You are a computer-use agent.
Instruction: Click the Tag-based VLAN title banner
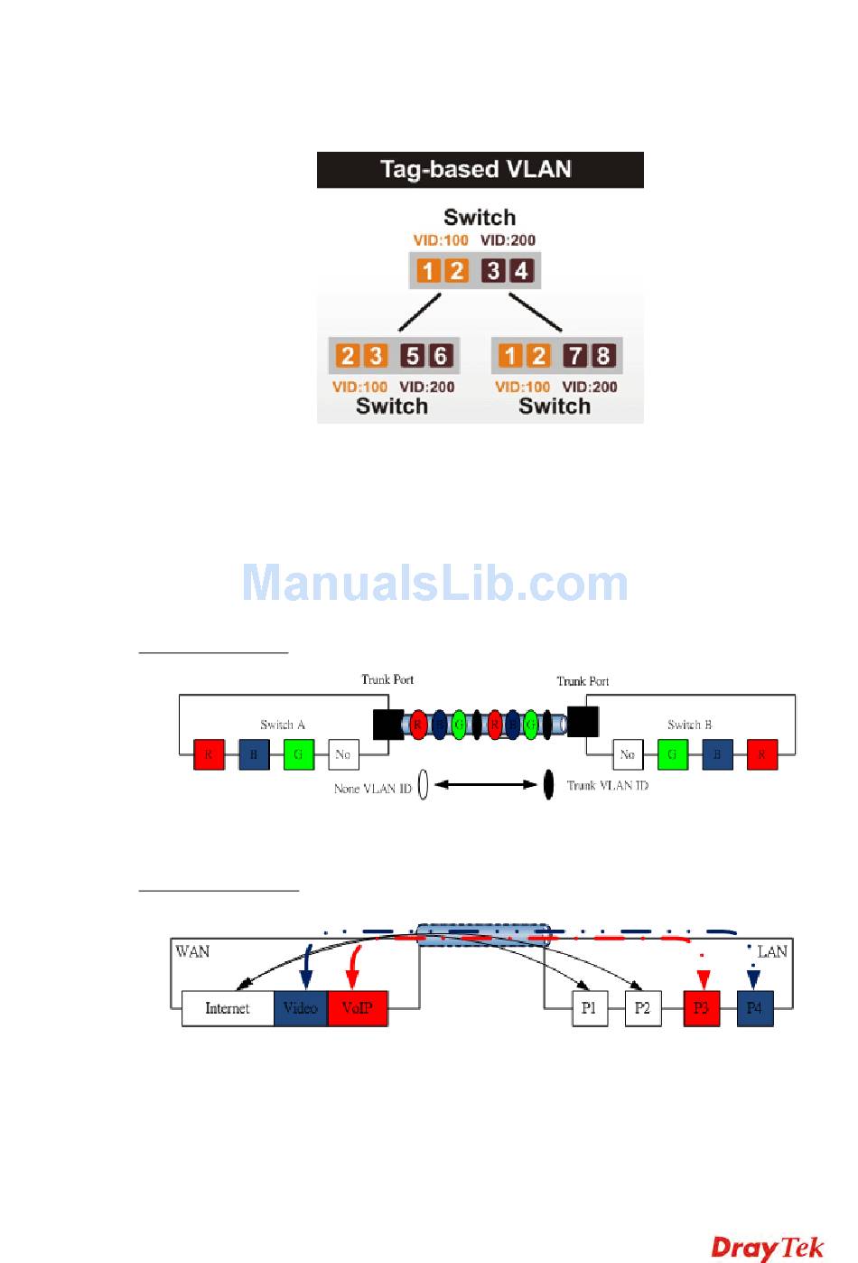tap(480, 170)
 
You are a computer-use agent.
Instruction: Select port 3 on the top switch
tap(493, 270)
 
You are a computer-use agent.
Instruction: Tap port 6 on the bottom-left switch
tap(441, 356)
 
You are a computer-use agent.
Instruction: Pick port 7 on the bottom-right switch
tap(575, 356)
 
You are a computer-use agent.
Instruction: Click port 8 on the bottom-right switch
tap(603, 356)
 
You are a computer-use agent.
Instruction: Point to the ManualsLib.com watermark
tap(435, 584)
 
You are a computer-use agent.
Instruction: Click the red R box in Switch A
tap(209, 754)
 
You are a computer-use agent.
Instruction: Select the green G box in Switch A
tap(298, 754)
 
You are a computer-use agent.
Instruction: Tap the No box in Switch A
tap(343, 754)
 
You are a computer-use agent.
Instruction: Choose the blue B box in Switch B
tap(717, 754)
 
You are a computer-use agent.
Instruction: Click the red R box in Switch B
tap(762, 754)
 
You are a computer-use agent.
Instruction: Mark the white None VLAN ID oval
tap(423, 785)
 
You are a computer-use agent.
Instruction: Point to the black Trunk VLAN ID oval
tap(548, 784)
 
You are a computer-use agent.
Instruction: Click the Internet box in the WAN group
tap(228, 1008)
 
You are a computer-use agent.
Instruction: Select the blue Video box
tap(301, 1008)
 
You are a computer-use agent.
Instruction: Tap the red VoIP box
tap(358, 1008)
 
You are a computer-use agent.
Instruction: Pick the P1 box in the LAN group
tap(589, 1008)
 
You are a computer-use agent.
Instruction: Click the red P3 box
tap(702, 1008)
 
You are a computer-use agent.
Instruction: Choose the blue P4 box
tap(755, 1008)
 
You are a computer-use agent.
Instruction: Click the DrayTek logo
tap(768, 1248)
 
